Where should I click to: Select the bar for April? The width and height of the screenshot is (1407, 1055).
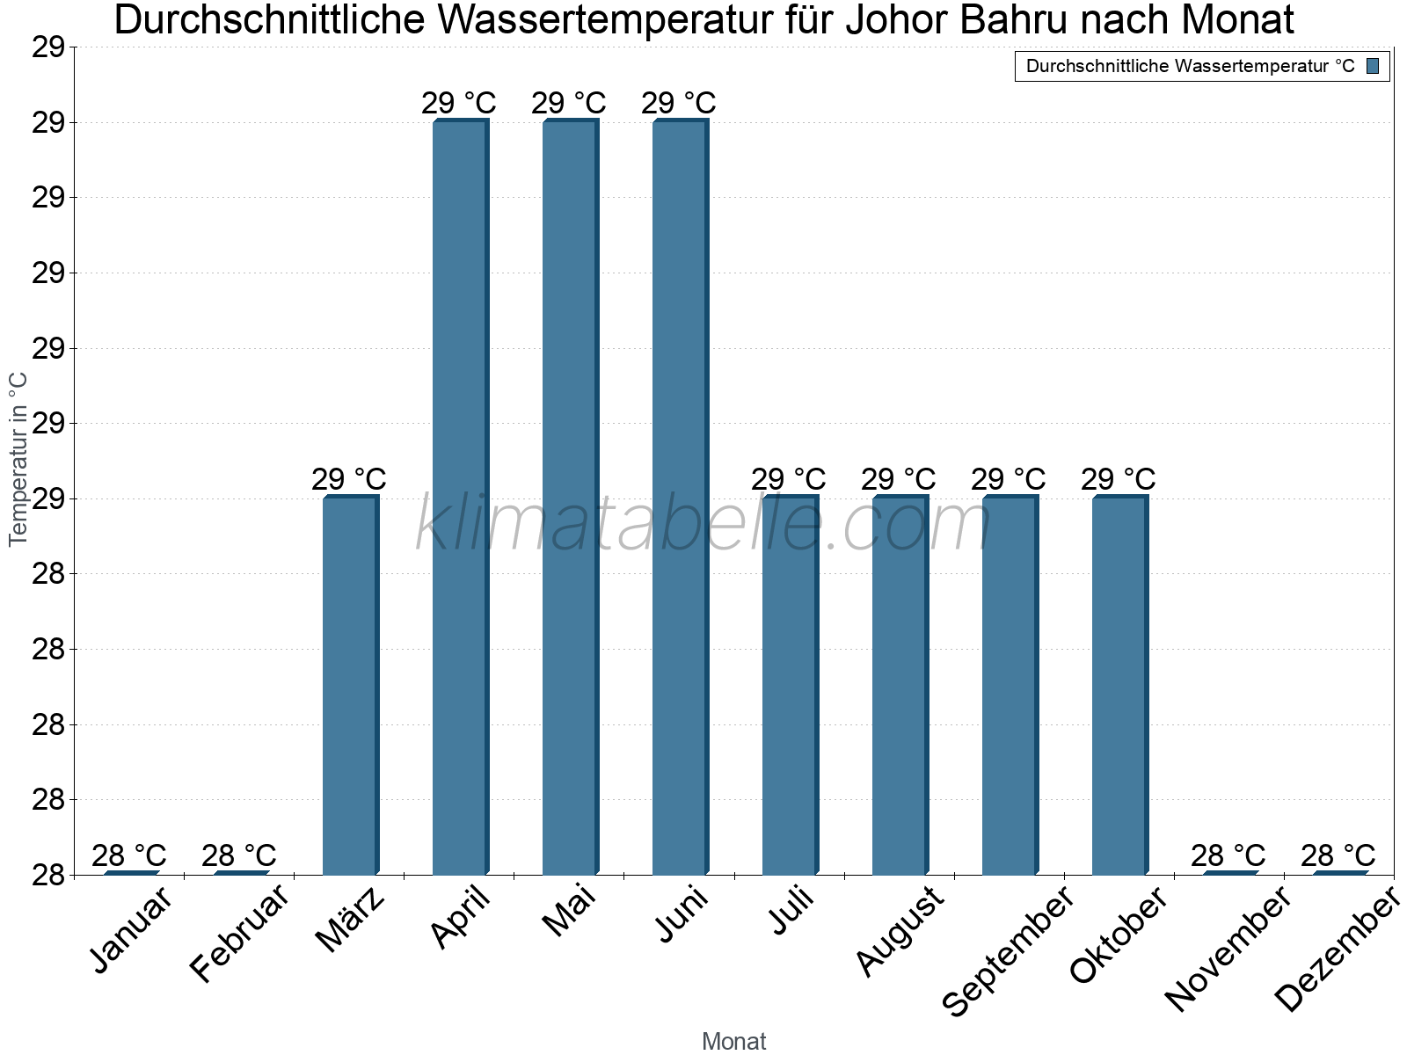tap(459, 497)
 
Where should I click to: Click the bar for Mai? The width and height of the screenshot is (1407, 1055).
tap(569, 497)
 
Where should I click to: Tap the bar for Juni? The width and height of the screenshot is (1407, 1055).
tap(679, 497)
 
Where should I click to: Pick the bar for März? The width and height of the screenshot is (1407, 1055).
tap(349, 686)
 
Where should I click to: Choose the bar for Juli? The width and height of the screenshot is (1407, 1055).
tap(789, 686)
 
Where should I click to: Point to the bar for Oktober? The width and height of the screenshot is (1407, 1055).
tap(1119, 686)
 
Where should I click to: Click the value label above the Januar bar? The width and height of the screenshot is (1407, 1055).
tap(129, 855)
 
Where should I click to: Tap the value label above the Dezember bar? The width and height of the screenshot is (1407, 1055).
tap(1338, 855)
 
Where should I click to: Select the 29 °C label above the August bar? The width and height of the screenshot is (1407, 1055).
tap(898, 479)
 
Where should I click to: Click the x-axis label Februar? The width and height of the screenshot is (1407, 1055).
tap(239, 934)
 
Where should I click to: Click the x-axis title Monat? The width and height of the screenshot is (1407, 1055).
tap(734, 1041)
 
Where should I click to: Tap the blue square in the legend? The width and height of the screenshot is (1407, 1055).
tap(1373, 66)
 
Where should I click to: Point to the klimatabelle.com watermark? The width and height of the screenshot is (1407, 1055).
tap(703, 525)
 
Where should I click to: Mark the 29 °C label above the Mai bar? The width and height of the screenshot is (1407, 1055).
tap(569, 104)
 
